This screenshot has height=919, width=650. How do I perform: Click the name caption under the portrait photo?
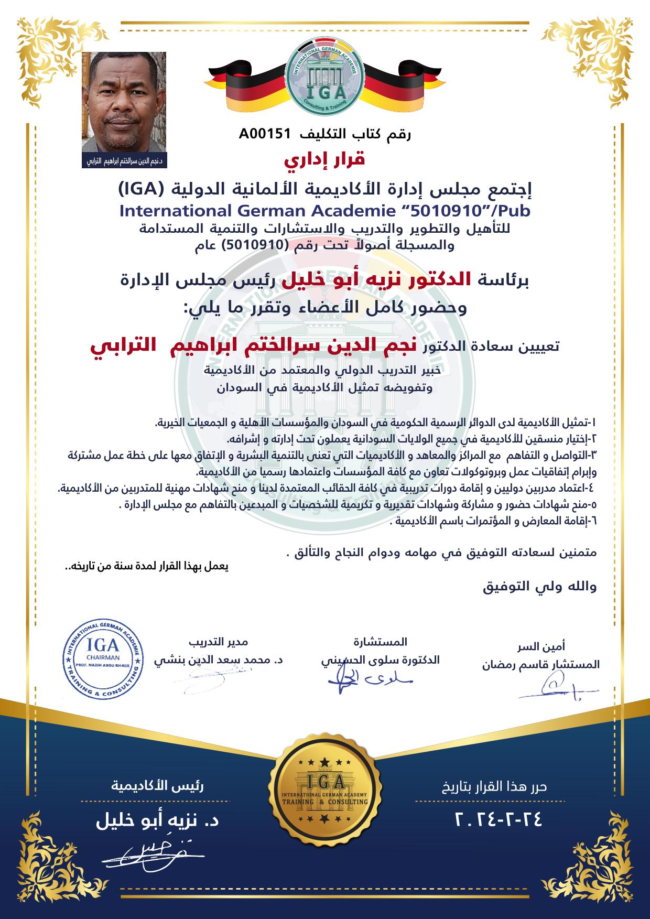[124, 161]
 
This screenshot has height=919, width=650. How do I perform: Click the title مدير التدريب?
[218, 642]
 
